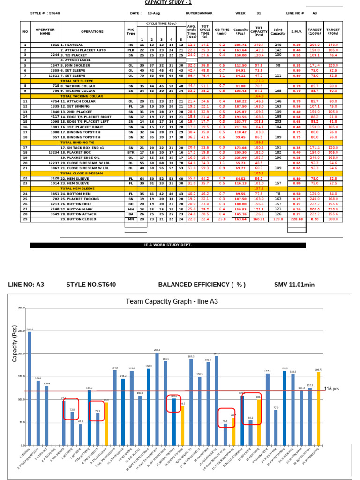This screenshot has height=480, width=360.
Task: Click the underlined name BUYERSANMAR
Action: tap(199, 13)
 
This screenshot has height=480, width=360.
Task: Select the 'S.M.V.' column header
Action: tap(296, 31)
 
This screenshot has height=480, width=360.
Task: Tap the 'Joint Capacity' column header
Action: tap(278, 31)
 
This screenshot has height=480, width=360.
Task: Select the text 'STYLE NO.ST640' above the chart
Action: tap(91, 285)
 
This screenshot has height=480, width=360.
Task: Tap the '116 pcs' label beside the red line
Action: tap(332, 389)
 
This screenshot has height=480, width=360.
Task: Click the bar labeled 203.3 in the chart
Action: tap(157, 398)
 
